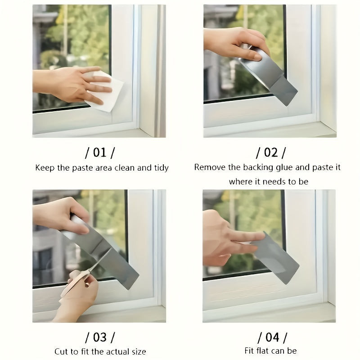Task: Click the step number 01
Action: click(x=100, y=153)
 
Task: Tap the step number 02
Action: click(x=271, y=153)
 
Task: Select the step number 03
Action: click(x=100, y=337)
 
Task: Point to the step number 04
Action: click(x=272, y=337)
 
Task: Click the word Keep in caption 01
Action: click(x=45, y=168)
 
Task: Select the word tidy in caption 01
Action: click(x=162, y=168)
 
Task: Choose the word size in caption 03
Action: click(x=139, y=351)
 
